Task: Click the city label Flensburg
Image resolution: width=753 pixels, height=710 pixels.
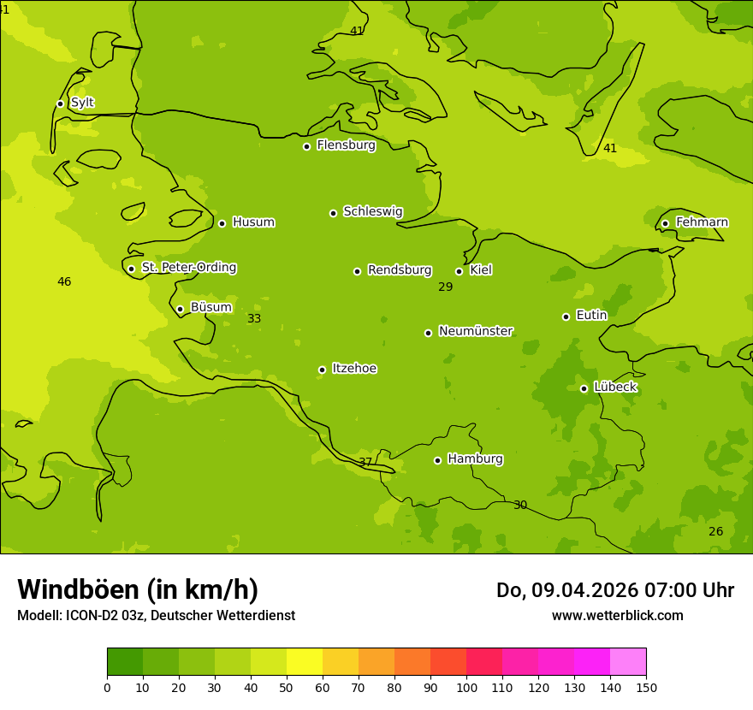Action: click(x=346, y=145)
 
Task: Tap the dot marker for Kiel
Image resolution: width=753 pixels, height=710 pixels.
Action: click(x=459, y=271)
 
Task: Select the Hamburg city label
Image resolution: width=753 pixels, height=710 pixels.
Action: click(x=475, y=459)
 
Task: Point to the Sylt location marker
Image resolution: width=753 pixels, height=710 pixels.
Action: click(x=60, y=104)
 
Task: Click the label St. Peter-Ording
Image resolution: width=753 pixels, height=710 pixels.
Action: click(x=188, y=268)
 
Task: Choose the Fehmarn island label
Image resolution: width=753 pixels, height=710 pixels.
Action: click(x=702, y=222)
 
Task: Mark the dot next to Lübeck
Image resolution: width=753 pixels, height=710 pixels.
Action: click(x=584, y=388)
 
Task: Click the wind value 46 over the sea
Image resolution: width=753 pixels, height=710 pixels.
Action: click(x=64, y=282)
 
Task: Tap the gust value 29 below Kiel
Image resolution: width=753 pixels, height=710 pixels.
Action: click(x=445, y=287)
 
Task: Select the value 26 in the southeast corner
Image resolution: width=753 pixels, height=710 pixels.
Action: click(x=715, y=532)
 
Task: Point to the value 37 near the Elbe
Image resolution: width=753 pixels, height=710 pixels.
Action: click(x=365, y=462)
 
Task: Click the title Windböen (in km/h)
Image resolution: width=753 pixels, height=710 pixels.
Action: click(x=138, y=590)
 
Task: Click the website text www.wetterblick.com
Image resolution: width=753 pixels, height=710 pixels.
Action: click(x=617, y=616)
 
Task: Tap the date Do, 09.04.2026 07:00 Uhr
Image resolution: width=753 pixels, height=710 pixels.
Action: click(x=614, y=590)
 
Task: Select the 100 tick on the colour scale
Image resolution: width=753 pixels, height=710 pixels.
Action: click(x=466, y=687)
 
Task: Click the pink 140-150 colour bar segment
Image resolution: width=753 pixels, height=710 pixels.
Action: click(x=628, y=662)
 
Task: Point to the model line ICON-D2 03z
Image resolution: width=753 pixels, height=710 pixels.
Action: click(x=156, y=616)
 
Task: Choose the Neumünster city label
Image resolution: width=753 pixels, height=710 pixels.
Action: click(x=475, y=331)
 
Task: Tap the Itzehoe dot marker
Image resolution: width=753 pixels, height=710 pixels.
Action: click(x=322, y=370)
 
